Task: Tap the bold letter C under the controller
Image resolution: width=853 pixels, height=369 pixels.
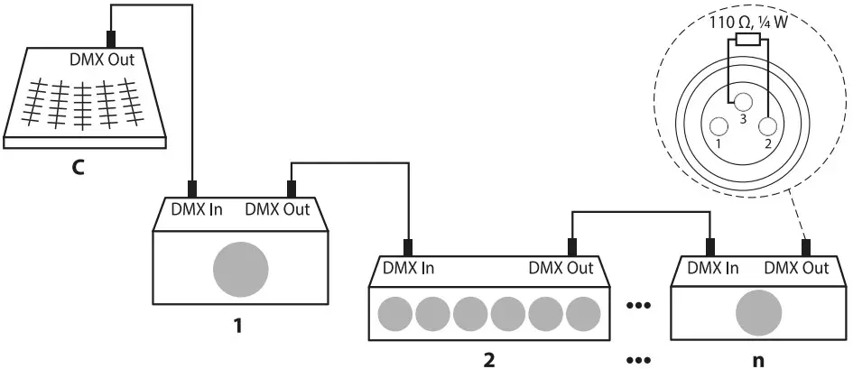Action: pos(79,167)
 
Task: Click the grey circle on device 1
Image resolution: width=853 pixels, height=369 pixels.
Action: pos(241,268)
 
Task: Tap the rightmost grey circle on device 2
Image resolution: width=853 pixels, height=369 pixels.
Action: pos(585,315)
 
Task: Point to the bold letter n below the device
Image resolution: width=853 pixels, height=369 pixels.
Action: pos(756,359)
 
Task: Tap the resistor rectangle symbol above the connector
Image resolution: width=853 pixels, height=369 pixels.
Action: pos(747,40)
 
